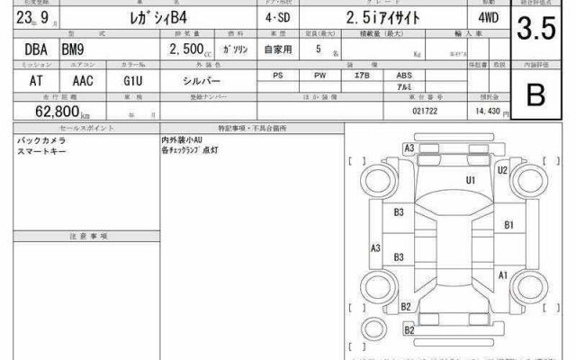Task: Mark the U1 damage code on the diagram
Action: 470,180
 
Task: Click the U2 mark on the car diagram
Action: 502,170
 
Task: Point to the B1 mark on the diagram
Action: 508,225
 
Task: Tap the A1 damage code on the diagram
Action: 503,274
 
